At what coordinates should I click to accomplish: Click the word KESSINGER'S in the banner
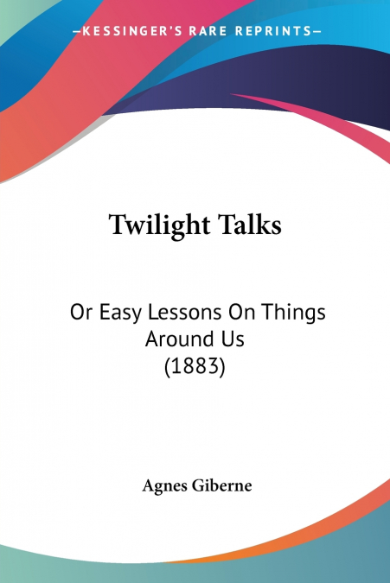tap(132, 31)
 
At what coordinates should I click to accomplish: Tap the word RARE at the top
tap(208, 31)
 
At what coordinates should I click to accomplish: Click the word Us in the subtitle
tap(233, 339)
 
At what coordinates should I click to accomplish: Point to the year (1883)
tap(195, 366)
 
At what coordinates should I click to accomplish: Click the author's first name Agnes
tap(165, 486)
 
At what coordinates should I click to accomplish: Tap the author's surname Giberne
tap(222, 485)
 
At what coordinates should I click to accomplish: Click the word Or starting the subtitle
tap(81, 313)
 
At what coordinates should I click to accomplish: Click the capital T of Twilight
tap(118, 225)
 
